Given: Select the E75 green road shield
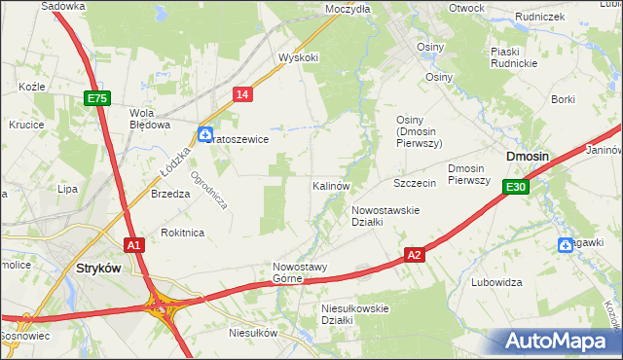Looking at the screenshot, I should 97,98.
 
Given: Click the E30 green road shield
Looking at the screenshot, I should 516,187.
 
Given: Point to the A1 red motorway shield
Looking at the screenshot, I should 134,245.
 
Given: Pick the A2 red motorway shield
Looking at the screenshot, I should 415,255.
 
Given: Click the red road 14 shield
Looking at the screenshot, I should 243,93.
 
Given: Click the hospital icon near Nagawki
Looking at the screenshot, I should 566,244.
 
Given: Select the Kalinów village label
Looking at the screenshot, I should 331,185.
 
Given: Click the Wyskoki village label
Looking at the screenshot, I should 299,57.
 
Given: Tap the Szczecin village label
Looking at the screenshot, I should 413,183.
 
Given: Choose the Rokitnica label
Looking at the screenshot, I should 182,233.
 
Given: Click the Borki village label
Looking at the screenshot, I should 563,99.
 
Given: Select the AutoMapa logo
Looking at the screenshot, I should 559,342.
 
